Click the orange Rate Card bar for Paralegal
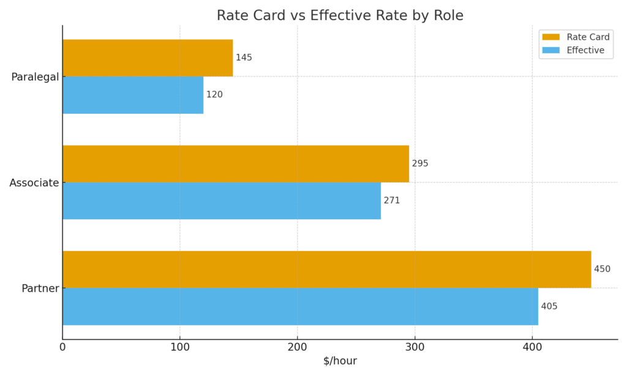pyautogui.click(x=148, y=58)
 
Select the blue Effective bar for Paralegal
pyautogui.click(x=133, y=95)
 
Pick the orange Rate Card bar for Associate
pyautogui.click(x=236, y=164)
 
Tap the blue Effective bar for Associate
pyautogui.click(x=222, y=201)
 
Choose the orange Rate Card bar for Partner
pyautogui.click(x=327, y=269)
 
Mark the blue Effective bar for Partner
pyautogui.click(x=300, y=306)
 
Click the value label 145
pyautogui.click(x=244, y=58)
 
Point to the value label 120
pyautogui.click(x=214, y=95)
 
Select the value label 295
pyautogui.click(x=420, y=164)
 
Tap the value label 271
pyautogui.click(x=392, y=201)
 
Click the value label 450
pyautogui.click(x=602, y=269)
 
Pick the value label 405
pyautogui.click(x=549, y=306)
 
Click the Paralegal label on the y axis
pyautogui.click(x=35, y=77)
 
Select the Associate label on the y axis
pyautogui.click(x=34, y=183)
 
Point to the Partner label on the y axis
pyautogui.click(x=40, y=288)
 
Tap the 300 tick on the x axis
pyautogui.click(x=415, y=347)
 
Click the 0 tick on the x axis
pyautogui.click(x=62, y=347)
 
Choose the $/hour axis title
pyautogui.click(x=340, y=361)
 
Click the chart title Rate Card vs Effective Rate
pyautogui.click(x=340, y=15)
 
